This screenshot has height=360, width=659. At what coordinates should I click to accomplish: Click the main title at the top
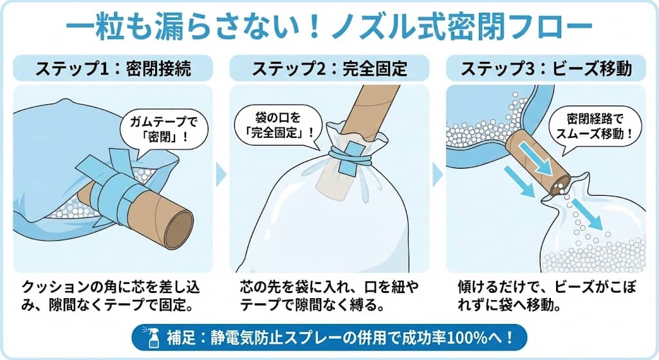click(329, 26)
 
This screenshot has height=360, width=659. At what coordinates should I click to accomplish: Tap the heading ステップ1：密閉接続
click(113, 69)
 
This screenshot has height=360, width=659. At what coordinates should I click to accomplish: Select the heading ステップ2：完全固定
click(329, 69)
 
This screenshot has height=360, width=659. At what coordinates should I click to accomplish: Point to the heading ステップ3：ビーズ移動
click(546, 69)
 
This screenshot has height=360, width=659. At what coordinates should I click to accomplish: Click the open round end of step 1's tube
click(178, 225)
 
